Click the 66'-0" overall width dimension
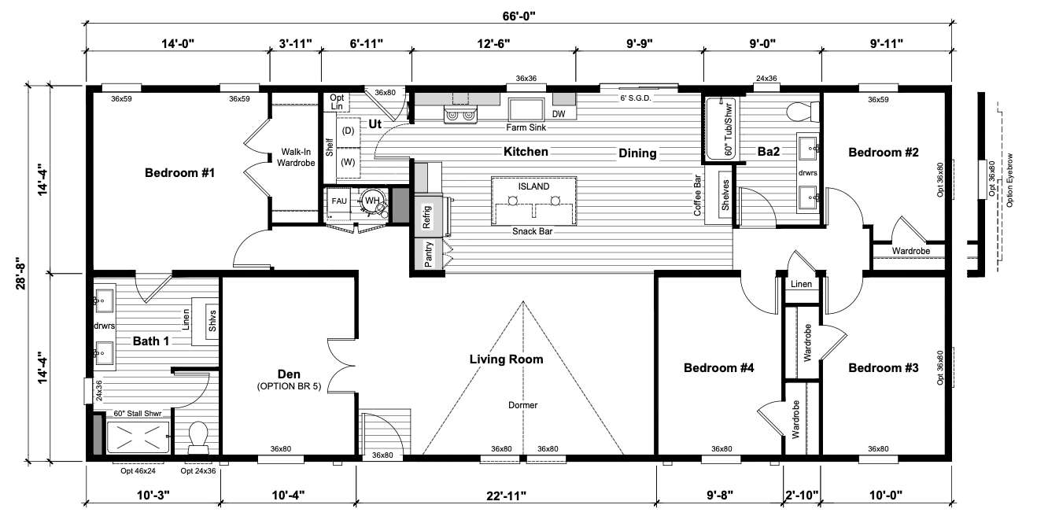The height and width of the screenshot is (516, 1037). point(519,17)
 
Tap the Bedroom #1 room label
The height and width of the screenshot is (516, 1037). point(179,172)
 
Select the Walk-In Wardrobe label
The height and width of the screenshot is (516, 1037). point(296,157)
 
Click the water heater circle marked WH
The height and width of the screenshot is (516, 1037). point(372,201)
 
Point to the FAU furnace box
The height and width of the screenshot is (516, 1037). point(339,201)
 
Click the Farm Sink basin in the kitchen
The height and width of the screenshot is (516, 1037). point(526,109)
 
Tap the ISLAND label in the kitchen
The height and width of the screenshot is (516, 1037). point(533,186)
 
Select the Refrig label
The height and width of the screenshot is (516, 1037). point(426,216)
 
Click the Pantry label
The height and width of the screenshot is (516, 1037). point(428,254)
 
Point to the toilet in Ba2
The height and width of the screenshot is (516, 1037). point(803,112)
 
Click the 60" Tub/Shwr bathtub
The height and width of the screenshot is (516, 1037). point(721,128)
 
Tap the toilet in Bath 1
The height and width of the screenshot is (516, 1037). point(198,437)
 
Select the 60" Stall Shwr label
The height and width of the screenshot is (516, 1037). point(138,413)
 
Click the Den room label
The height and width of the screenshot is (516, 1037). point(289,374)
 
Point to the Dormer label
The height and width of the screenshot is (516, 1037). point(523,405)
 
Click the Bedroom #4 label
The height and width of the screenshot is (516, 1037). point(719,368)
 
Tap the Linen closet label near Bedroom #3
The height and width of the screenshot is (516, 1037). point(801,284)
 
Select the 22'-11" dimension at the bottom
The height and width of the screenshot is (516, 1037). point(506,496)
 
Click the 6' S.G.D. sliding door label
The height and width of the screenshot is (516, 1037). point(636,98)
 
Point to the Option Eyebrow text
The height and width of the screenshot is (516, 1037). point(1009,180)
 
